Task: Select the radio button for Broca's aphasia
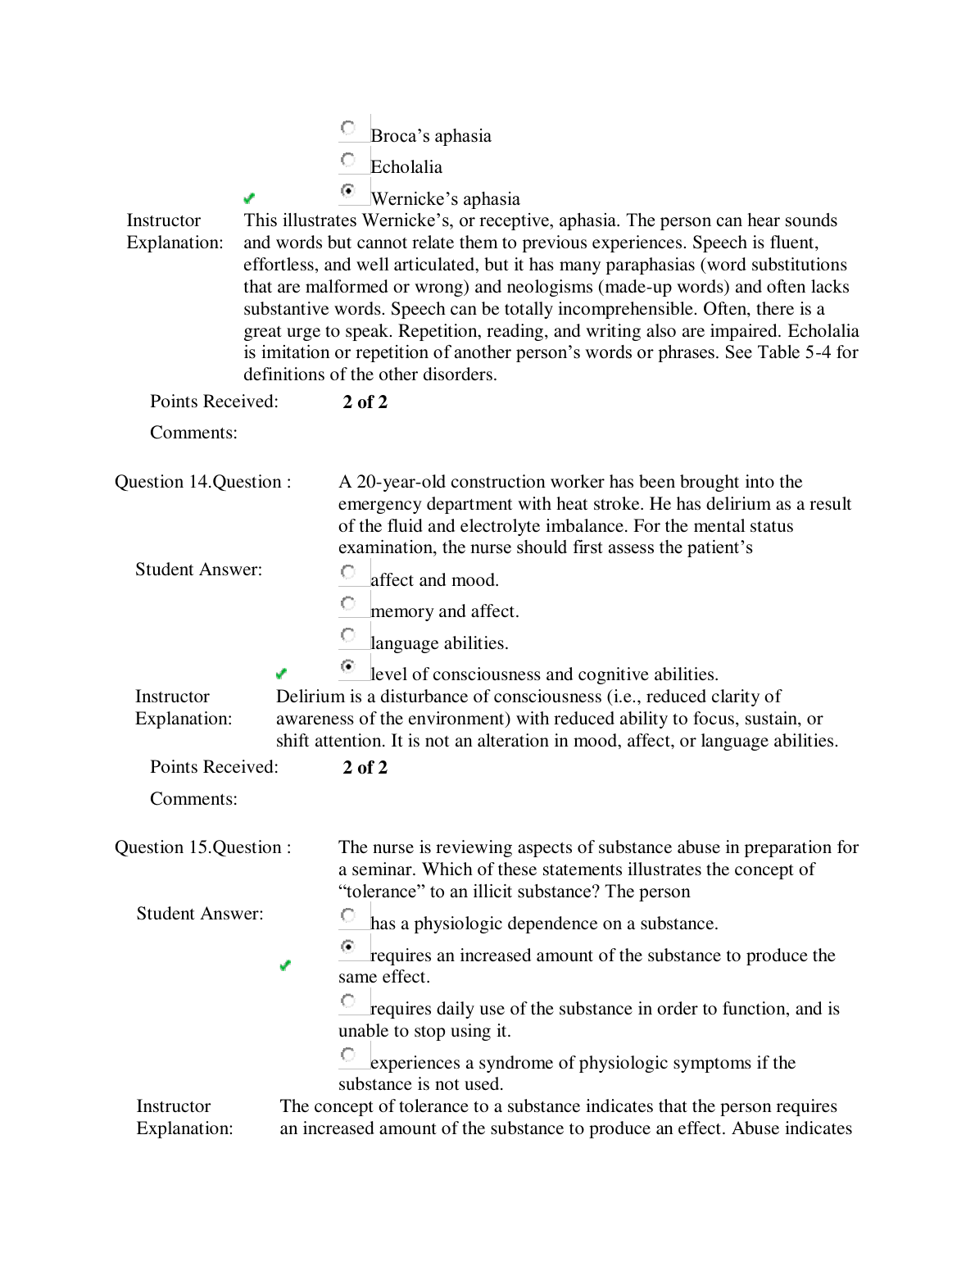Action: [x=348, y=128]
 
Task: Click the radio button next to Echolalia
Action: [x=348, y=159]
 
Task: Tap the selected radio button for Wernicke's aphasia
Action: [x=348, y=190]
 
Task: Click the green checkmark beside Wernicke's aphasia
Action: [x=250, y=198]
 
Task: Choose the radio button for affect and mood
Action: [x=348, y=572]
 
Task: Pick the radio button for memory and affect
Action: [x=348, y=603]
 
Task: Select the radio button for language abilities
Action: [x=348, y=635]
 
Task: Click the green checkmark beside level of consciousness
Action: [x=281, y=674]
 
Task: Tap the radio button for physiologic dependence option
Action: [x=348, y=915]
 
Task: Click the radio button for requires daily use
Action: [x=348, y=1001]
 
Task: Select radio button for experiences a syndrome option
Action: [x=348, y=1055]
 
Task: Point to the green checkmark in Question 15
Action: [x=285, y=965]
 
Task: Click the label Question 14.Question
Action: [x=202, y=482]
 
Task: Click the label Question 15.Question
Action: [x=202, y=847]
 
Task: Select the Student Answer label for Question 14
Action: [x=198, y=570]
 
